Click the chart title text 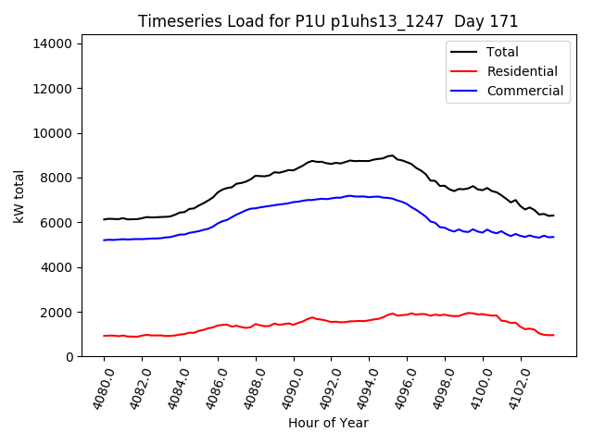(x=328, y=21)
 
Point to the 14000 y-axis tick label (x=56, y=43)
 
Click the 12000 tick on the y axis (x=56, y=89)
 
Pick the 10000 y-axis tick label (x=56, y=133)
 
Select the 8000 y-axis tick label (x=59, y=178)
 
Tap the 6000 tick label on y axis (x=59, y=223)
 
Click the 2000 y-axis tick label (x=59, y=312)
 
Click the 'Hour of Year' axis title (x=328, y=423)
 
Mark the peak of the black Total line (x=392, y=155)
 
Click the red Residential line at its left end (x=105, y=336)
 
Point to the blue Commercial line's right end (x=553, y=237)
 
